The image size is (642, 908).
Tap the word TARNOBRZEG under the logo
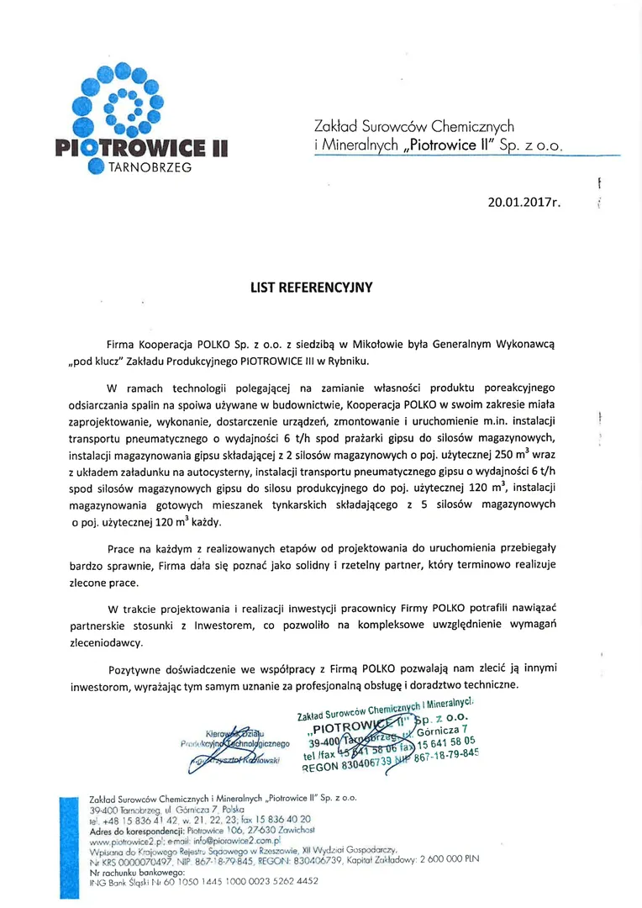pyautogui.click(x=149, y=167)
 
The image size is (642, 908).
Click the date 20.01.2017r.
pyautogui.click(x=524, y=202)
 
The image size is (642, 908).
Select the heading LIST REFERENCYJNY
pyautogui.click(x=311, y=287)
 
